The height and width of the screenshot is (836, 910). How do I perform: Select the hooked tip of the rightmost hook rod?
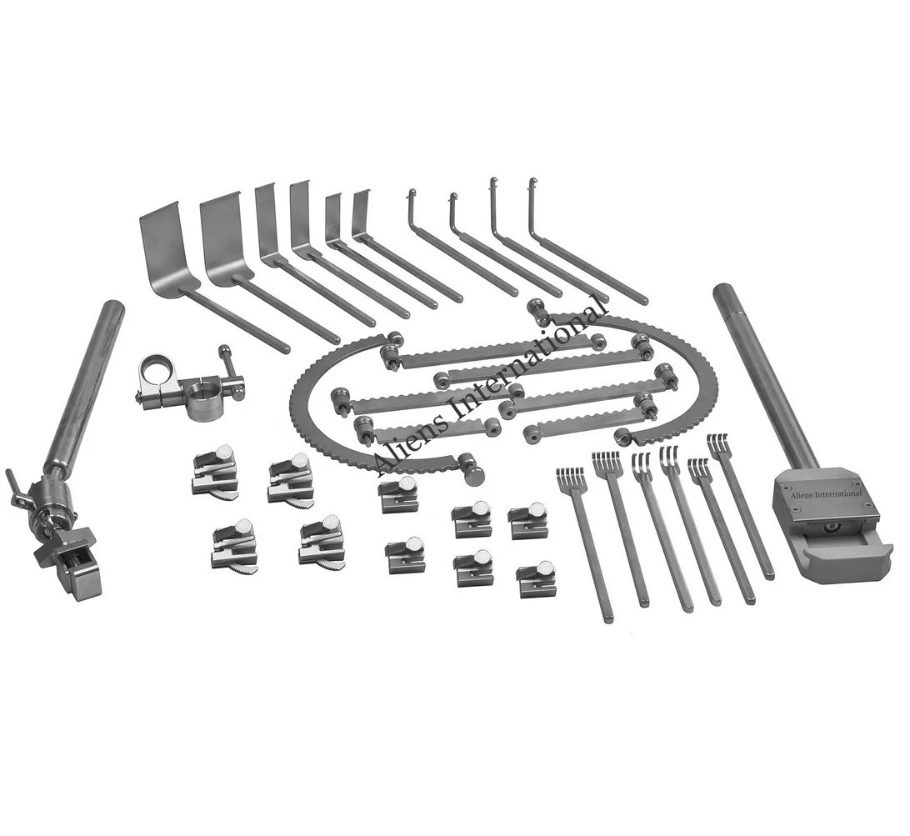[x=532, y=183]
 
